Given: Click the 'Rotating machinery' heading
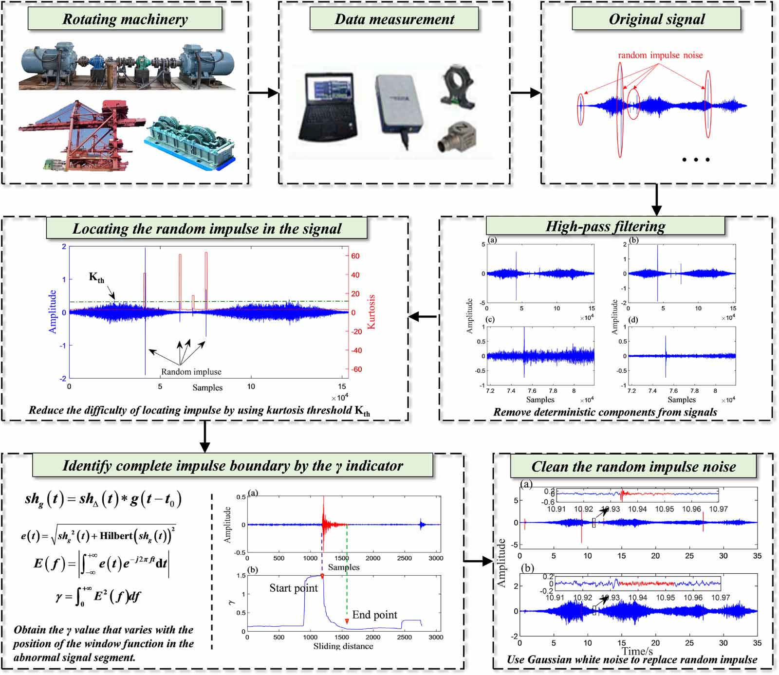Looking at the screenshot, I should [125, 19].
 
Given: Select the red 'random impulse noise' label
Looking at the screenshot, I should [660, 55].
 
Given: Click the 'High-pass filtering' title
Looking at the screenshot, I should [605, 226].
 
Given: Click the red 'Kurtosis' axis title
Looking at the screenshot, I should [371, 312].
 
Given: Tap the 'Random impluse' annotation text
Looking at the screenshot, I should [191, 372].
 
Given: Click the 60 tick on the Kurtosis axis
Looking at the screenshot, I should [355, 256].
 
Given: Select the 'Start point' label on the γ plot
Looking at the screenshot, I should [294, 588].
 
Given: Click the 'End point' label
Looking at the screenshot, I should [374, 615].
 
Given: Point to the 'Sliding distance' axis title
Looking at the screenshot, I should [343, 646].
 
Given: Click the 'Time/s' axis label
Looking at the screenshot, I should [637, 651].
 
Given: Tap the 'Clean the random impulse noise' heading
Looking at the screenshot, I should [633, 467].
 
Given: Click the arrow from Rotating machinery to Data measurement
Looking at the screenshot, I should [263, 92].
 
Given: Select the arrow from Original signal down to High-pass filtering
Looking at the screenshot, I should [656, 200].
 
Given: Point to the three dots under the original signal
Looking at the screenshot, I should [696, 160].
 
